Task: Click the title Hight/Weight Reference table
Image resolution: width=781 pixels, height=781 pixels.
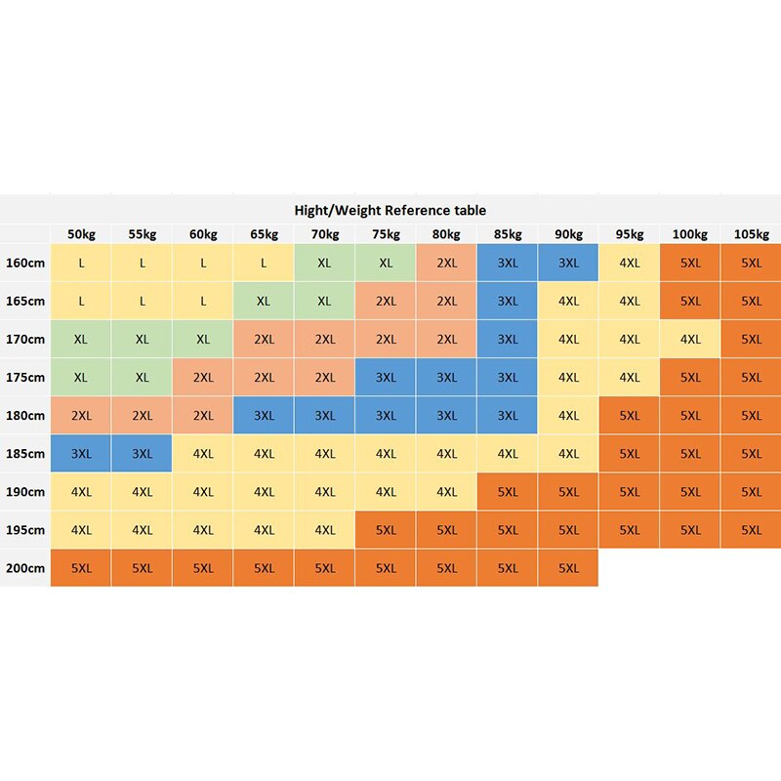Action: [x=390, y=210]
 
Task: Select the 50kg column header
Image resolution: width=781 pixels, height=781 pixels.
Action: [x=81, y=234]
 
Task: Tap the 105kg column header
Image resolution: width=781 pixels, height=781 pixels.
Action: [x=751, y=234]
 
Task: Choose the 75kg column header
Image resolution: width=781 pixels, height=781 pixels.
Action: [x=386, y=234]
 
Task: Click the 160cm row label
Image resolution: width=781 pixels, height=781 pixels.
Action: [x=25, y=263]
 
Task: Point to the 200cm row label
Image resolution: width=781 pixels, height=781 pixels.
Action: [x=25, y=567]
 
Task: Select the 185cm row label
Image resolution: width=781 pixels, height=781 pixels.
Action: [x=25, y=453]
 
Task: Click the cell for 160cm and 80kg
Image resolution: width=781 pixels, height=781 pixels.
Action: [x=447, y=263]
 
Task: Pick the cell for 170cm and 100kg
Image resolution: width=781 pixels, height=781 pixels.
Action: [x=690, y=339]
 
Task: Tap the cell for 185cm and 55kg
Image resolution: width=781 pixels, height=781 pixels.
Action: [x=143, y=453]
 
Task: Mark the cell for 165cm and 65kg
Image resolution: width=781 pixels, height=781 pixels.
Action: [x=264, y=301]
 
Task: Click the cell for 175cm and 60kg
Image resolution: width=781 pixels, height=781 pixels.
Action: [x=203, y=377]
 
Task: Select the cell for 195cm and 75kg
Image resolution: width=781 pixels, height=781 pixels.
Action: [x=386, y=529]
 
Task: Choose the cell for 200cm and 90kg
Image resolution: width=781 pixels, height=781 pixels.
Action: [x=568, y=567]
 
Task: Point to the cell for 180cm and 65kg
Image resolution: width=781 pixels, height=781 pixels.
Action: [x=264, y=415]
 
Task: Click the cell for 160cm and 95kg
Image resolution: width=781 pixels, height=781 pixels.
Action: [x=630, y=263]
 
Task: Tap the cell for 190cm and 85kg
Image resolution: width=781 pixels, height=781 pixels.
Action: [x=508, y=491]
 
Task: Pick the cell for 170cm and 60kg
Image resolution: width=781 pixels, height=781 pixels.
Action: [x=203, y=339]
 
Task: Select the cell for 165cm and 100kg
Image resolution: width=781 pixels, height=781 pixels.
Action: [x=690, y=301]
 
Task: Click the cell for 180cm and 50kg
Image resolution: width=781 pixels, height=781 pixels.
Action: [x=81, y=415]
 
